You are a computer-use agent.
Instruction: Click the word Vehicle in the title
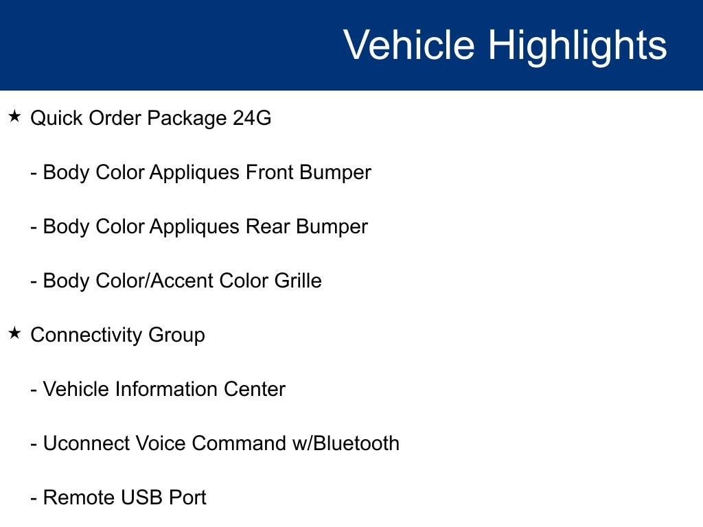pyautogui.click(x=409, y=45)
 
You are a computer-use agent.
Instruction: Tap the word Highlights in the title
pyautogui.click(x=577, y=47)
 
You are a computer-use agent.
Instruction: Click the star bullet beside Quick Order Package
pyautogui.click(x=15, y=117)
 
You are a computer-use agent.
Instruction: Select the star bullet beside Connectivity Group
pyautogui.click(x=15, y=333)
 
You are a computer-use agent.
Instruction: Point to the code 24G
pyautogui.click(x=252, y=118)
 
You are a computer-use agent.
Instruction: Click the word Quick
pyautogui.click(x=56, y=118)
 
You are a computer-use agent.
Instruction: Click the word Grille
pyautogui.click(x=298, y=281)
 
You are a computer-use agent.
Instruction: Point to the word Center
pyautogui.click(x=254, y=389)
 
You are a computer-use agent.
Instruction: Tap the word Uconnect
pyautogui.click(x=86, y=443)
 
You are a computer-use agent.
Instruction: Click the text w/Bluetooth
pyautogui.click(x=346, y=443)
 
